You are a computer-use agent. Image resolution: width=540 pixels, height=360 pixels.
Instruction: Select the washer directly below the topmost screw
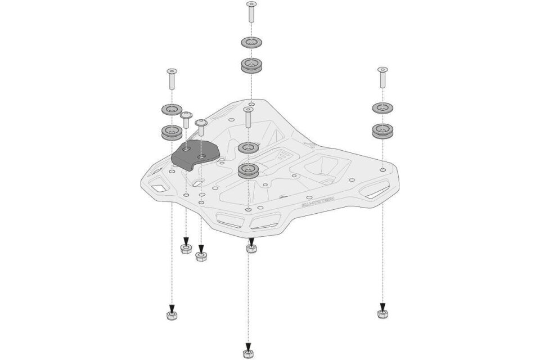[x=251, y=43]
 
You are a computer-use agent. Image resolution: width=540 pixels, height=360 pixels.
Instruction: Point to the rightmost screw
[x=382, y=76]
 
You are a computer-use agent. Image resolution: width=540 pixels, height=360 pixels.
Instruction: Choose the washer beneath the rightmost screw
[x=382, y=107]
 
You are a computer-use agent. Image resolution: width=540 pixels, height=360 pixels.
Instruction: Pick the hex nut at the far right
[x=382, y=313]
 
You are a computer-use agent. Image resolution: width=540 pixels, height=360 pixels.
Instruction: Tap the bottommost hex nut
[x=247, y=353]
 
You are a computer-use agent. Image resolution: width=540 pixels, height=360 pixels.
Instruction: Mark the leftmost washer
[x=171, y=109]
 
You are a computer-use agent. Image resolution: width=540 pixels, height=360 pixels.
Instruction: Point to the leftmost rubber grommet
[x=171, y=133]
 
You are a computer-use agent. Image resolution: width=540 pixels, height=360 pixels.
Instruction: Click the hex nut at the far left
[x=172, y=315]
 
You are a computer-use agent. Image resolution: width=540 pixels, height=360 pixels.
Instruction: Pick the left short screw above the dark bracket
[x=186, y=119]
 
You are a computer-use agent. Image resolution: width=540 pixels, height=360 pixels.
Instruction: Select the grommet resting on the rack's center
[x=247, y=170]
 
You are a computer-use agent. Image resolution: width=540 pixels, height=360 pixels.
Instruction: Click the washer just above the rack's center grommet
[x=247, y=147]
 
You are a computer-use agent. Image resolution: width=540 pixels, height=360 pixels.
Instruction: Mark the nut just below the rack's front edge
[x=251, y=247]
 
